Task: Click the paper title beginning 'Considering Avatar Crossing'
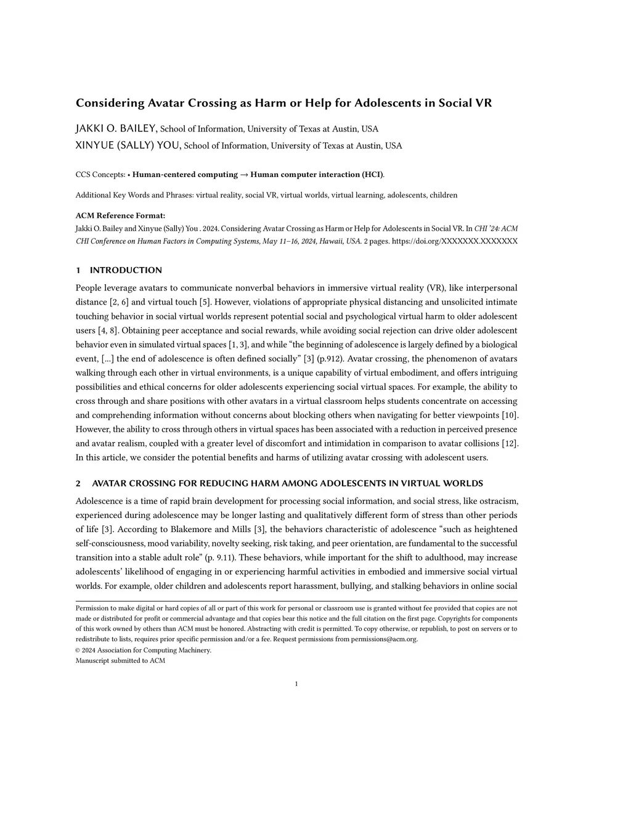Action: (x=283, y=103)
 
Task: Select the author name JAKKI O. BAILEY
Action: (x=116, y=129)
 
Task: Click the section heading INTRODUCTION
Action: (x=126, y=270)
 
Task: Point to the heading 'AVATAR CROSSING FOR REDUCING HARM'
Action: (x=287, y=483)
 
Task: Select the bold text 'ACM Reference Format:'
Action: (x=120, y=215)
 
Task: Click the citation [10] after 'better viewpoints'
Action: (x=510, y=415)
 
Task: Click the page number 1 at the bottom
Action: (x=296, y=684)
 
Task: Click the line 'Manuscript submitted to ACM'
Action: (x=120, y=660)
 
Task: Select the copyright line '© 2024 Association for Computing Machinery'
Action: (x=143, y=650)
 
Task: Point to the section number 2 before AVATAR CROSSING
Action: (x=78, y=483)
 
